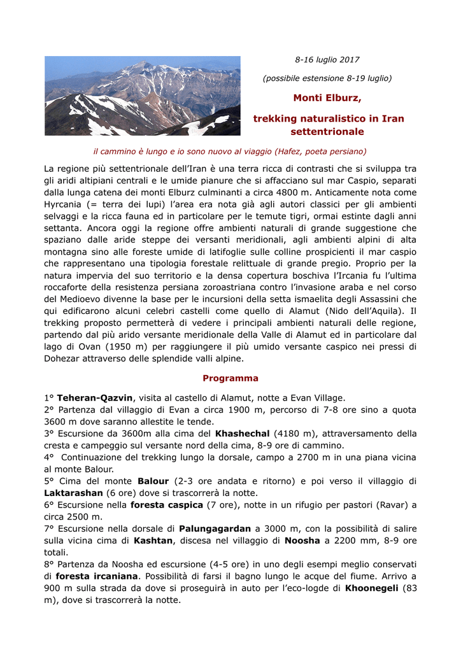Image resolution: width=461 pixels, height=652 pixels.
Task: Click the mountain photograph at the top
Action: [142, 96]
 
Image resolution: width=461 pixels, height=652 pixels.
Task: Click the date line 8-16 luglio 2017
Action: [327, 60]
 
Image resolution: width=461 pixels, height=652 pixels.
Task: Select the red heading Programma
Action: [230, 378]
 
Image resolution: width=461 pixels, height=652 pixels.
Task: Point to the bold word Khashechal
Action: [243, 434]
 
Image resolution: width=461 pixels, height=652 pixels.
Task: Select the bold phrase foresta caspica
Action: [166, 505]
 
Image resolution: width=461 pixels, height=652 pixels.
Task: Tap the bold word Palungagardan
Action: [215, 528]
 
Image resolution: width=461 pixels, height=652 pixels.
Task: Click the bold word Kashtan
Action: [153, 541]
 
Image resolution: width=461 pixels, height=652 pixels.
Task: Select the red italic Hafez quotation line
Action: [230, 152]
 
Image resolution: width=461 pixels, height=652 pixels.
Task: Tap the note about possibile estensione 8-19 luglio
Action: [327, 78]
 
